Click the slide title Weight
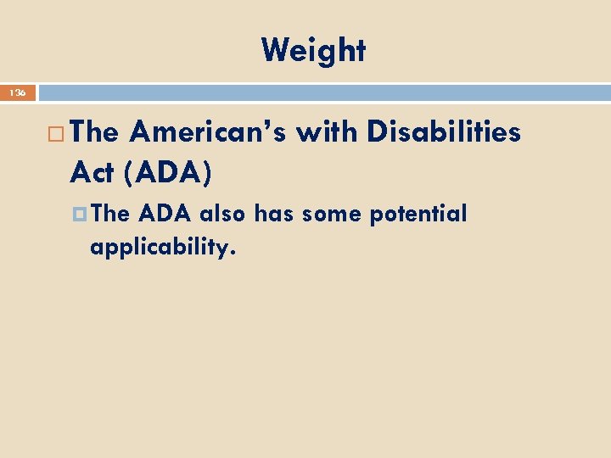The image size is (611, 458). pyautogui.click(x=313, y=51)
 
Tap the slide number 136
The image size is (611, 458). pyautogui.click(x=18, y=92)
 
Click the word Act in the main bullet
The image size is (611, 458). pyautogui.click(x=92, y=173)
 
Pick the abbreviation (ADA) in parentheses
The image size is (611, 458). pyautogui.click(x=169, y=173)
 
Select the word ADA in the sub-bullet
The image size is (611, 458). pyautogui.click(x=165, y=214)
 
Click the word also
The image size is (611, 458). pyautogui.click(x=223, y=214)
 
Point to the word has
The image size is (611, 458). pyautogui.click(x=274, y=214)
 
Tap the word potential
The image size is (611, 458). pyautogui.click(x=418, y=215)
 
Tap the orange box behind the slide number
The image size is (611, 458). pyautogui.click(x=18, y=92)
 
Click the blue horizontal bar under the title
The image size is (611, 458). pyautogui.click(x=322, y=92)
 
